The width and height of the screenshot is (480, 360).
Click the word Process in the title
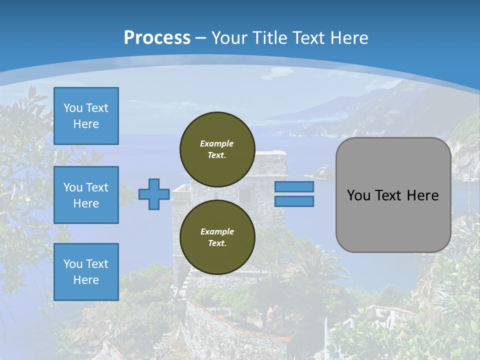(157, 37)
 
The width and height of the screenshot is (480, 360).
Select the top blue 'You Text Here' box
(86, 116)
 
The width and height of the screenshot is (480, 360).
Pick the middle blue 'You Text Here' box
(86, 195)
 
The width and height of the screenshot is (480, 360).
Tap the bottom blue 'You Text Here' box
(86, 272)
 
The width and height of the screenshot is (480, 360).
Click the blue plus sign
(154, 194)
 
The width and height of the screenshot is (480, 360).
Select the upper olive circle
(217, 149)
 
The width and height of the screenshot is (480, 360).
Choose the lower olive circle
(217, 237)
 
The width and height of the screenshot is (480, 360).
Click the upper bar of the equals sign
(294, 187)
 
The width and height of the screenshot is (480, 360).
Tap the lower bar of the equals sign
(294, 201)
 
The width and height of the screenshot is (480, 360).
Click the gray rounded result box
(393, 220)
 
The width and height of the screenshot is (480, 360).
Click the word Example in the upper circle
(217, 143)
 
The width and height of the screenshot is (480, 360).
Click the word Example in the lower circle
(217, 231)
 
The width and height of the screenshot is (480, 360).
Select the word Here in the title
(349, 38)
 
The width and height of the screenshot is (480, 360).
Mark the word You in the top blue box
(73, 108)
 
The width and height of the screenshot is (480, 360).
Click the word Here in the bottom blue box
(86, 280)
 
